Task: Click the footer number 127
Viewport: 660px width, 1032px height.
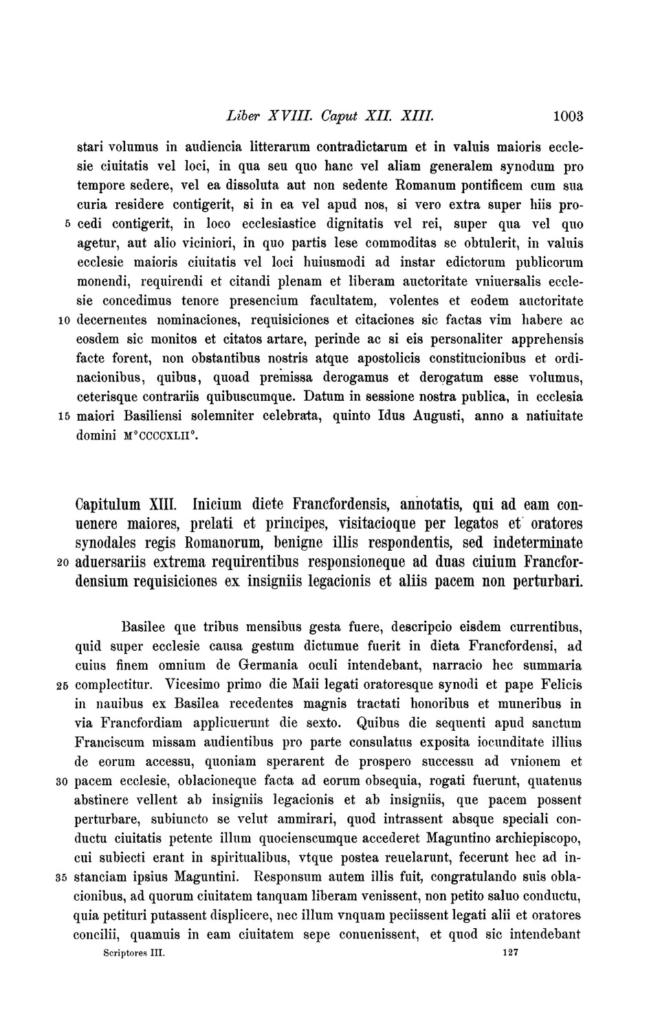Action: pyautogui.click(x=509, y=954)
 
